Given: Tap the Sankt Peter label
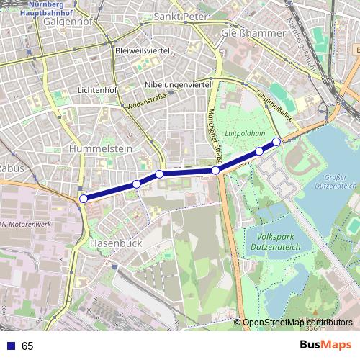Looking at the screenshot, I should click(x=182, y=16).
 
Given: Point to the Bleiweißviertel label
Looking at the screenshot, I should click(x=142, y=51).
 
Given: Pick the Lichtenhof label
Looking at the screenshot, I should click(x=97, y=91).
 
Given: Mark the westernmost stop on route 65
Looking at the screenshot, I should click(x=84, y=198).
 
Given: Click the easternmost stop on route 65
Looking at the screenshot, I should click(x=276, y=142).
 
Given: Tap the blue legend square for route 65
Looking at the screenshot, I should click(x=9, y=346).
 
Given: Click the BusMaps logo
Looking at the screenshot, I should click(x=327, y=346).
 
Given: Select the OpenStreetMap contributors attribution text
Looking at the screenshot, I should click(x=297, y=323).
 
